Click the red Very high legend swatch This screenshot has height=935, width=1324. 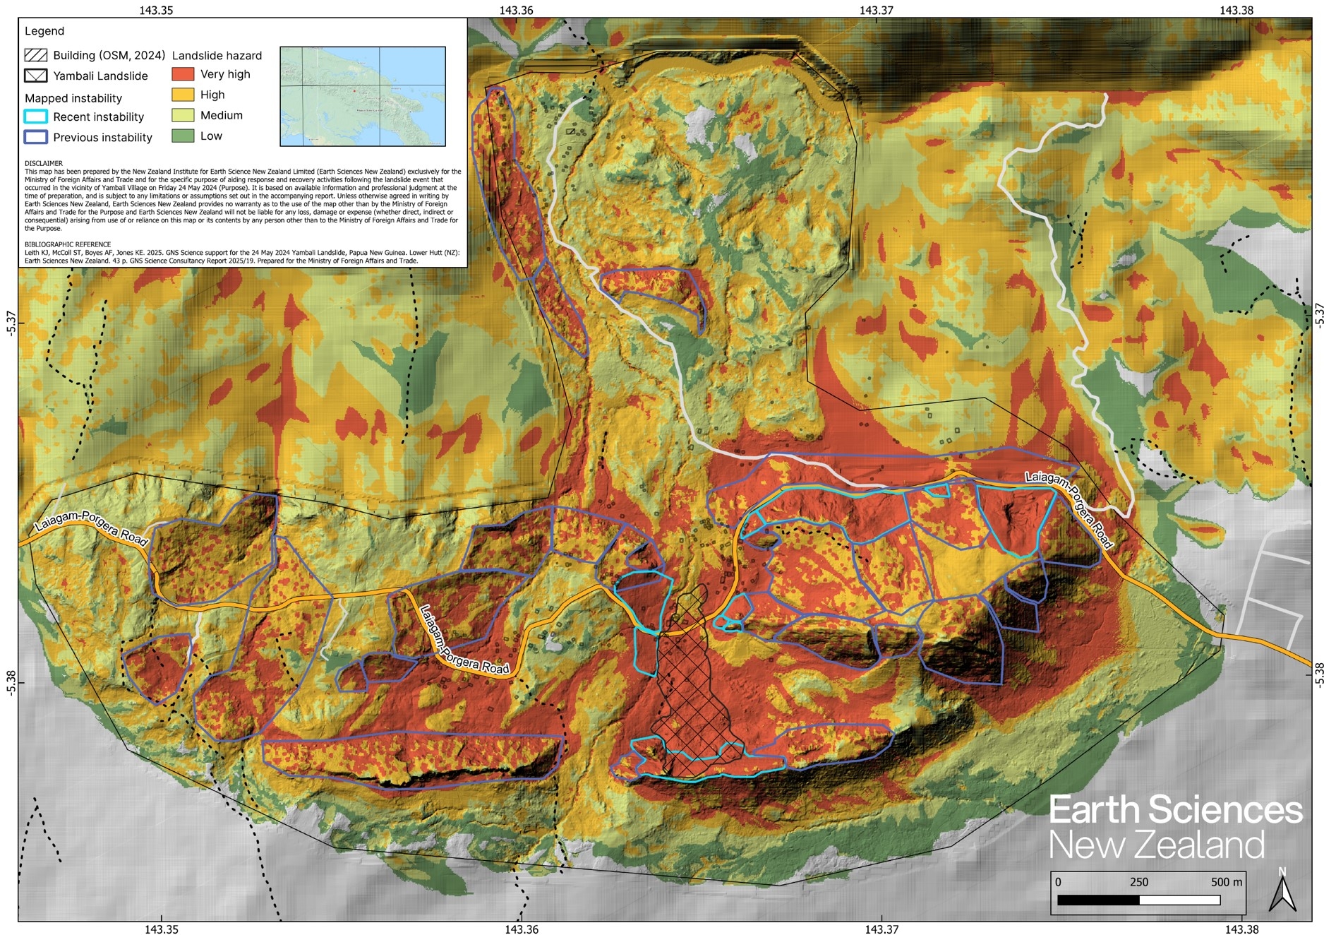click(183, 74)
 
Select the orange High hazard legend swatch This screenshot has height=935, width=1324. click(183, 95)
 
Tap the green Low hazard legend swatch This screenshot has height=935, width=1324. click(183, 136)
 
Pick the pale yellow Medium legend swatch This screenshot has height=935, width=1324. click(183, 115)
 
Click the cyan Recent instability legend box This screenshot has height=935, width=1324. click(35, 117)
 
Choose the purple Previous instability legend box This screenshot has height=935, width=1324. click(35, 137)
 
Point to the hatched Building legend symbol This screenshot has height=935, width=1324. click(35, 55)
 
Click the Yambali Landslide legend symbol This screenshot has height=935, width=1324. click(35, 76)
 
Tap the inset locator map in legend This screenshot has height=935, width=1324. click(362, 96)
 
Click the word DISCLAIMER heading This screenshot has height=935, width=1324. click(43, 163)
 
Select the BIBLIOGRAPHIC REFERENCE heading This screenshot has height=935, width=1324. click(67, 244)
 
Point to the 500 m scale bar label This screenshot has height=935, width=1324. click(1226, 882)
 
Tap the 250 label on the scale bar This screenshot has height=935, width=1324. click(1138, 882)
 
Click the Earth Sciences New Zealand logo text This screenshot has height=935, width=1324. click(1174, 827)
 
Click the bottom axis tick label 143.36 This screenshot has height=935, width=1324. click(522, 929)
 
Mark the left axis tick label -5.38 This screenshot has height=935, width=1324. click(10, 681)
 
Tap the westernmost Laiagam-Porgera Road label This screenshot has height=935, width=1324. click(91, 529)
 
